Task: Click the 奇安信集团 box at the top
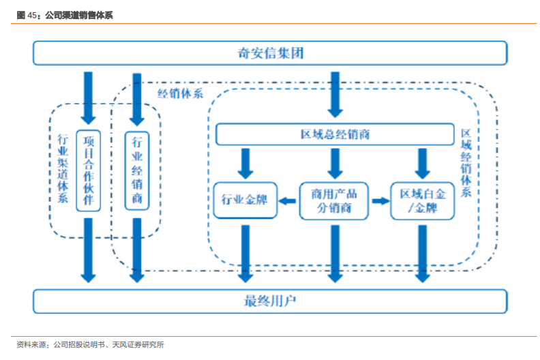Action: tap(270, 53)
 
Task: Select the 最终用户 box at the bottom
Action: tap(270, 301)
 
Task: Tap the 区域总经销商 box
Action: tap(335, 134)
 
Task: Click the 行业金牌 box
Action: tap(245, 200)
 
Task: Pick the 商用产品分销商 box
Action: tap(334, 200)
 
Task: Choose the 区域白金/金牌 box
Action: tap(422, 200)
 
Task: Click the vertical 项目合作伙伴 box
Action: tap(88, 170)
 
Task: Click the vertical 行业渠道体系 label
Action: tap(63, 170)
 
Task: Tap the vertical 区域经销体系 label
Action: tap(466, 164)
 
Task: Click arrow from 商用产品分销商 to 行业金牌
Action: tap(288, 201)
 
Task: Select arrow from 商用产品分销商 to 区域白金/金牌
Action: tap(379, 201)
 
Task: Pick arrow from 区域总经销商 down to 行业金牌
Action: tap(245, 164)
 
